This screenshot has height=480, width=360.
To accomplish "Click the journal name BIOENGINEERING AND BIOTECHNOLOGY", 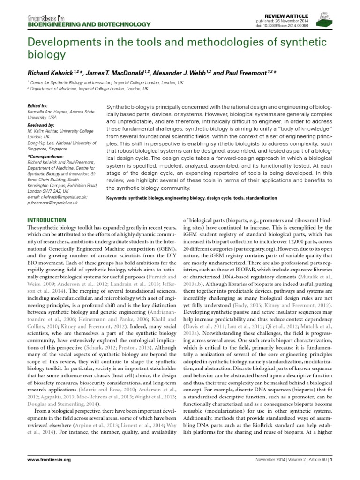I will pyautogui.click(x=89, y=24).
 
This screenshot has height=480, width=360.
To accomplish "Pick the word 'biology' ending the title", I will pyautogui.click(x=45, y=55).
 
